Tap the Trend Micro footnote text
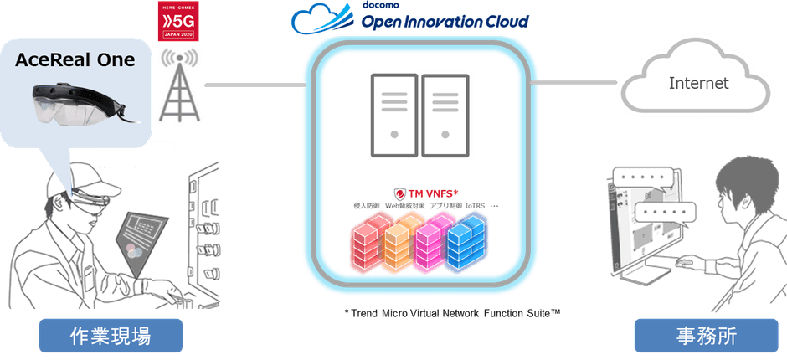tap(451, 312)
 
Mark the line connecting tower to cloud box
tap(251, 85)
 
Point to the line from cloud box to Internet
tap(578, 81)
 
